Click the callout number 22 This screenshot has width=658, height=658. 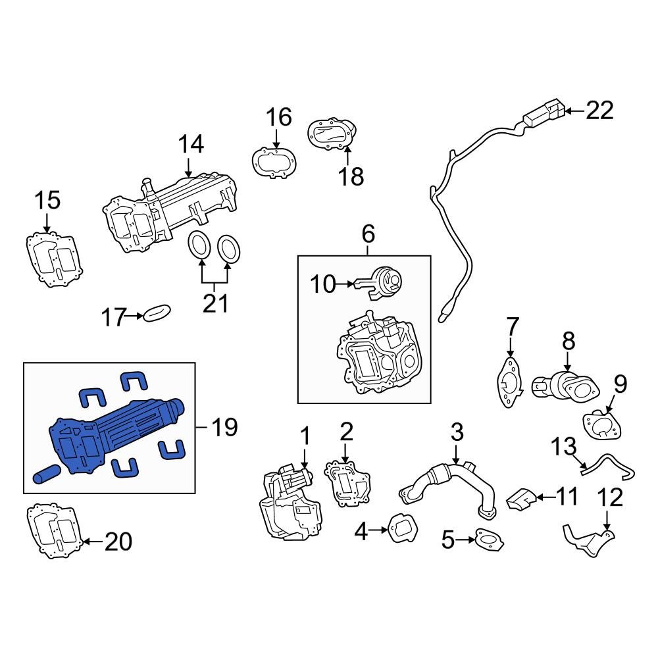click(599, 111)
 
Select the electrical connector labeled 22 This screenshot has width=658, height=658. click(544, 114)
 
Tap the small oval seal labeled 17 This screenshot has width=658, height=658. click(156, 313)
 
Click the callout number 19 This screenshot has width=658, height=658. click(224, 428)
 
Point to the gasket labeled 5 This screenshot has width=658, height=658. click(490, 540)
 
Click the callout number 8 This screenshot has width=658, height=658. click(568, 341)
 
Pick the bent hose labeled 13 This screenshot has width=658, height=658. click(609, 468)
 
